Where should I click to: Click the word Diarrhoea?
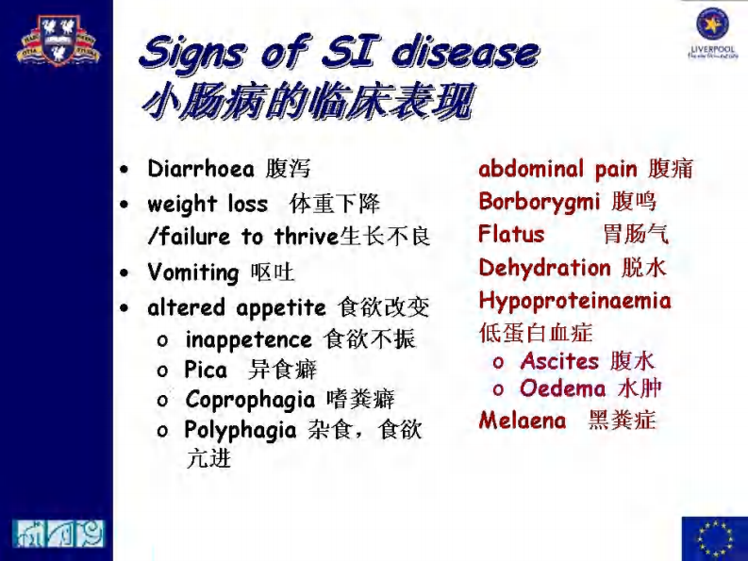click(200, 170)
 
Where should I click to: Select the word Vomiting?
click(192, 273)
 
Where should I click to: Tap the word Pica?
click(206, 370)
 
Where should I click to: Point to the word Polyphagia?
click(241, 431)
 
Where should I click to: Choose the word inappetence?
click(248, 339)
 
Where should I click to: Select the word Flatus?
click(511, 234)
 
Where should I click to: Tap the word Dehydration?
click(544, 268)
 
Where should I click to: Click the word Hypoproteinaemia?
click(574, 302)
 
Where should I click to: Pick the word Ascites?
click(559, 361)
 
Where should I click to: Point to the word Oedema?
click(562, 388)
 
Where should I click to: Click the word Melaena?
click(522, 421)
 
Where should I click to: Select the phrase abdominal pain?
click(557, 170)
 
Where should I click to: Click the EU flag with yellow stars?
click(714, 538)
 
